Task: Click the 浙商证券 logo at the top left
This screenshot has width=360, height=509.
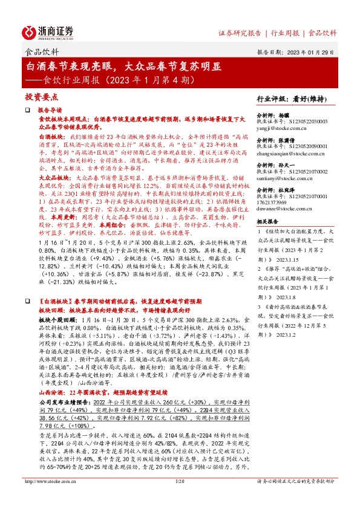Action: (x=48, y=31)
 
